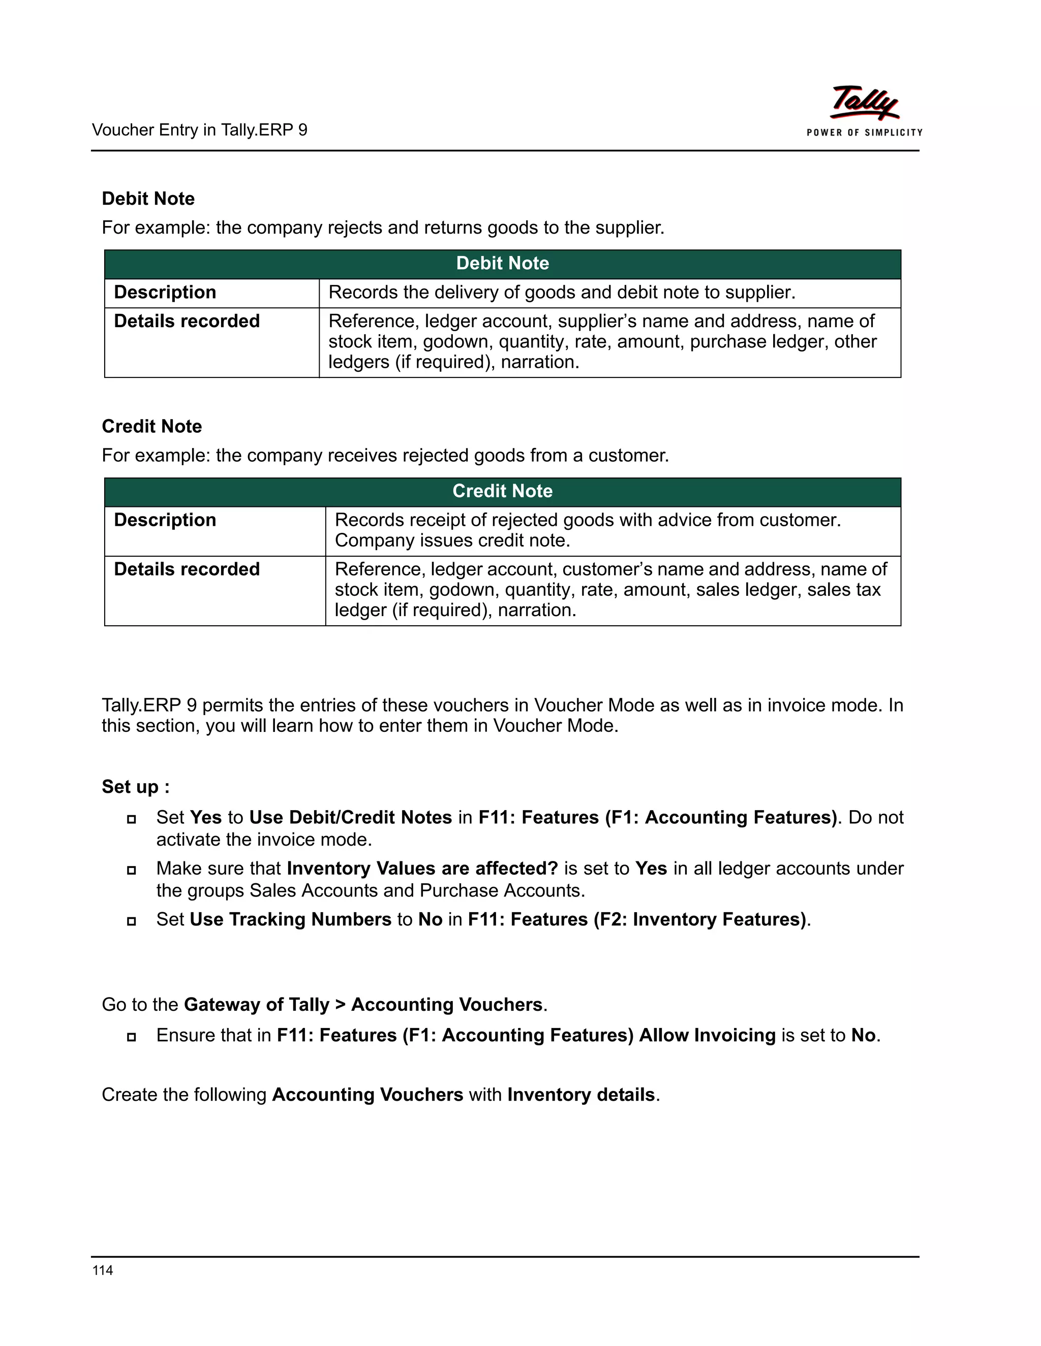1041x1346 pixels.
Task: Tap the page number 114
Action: [x=102, y=1270]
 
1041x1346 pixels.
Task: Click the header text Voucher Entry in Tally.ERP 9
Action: [x=199, y=130]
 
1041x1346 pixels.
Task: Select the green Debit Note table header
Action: [x=502, y=264]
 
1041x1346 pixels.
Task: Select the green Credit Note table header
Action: [x=502, y=491]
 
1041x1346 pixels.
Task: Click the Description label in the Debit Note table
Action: [x=165, y=292]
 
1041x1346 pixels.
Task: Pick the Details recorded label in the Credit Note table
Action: [x=186, y=569]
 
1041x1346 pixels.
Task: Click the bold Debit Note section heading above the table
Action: [x=148, y=199]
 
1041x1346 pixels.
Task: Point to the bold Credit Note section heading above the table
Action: [x=151, y=427]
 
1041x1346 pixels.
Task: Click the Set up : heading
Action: [x=136, y=786]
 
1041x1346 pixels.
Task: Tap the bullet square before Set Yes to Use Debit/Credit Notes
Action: [x=131, y=819]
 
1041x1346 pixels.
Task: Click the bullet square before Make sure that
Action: [x=131, y=870]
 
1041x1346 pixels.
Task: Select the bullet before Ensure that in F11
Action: [x=131, y=1037]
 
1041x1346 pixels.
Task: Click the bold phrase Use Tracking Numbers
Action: [x=290, y=919]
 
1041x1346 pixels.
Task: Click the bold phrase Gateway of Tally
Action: [x=257, y=1004]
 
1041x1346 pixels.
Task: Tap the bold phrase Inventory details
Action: [x=581, y=1094]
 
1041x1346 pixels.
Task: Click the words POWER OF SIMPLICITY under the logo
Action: [x=864, y=133]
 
